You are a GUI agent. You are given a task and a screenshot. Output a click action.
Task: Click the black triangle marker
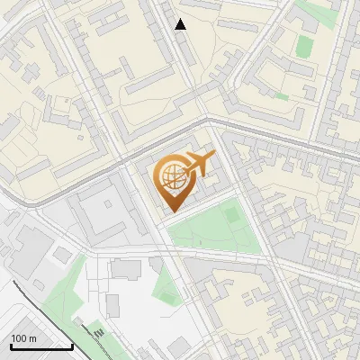[x=181, y=24]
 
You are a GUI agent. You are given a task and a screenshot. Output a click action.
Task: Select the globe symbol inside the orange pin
[x=171, y=176]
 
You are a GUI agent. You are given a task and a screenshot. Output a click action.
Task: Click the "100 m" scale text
[x=24, y=338]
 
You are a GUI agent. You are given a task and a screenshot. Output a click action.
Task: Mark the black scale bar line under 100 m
[x=41, y=346]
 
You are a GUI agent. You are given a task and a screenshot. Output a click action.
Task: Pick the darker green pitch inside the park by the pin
[x=232, y=215]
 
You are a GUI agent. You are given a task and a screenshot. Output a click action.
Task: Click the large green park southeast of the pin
[x=211, y=229]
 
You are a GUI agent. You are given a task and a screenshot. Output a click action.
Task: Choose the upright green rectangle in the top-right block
[x=305, y=45]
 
